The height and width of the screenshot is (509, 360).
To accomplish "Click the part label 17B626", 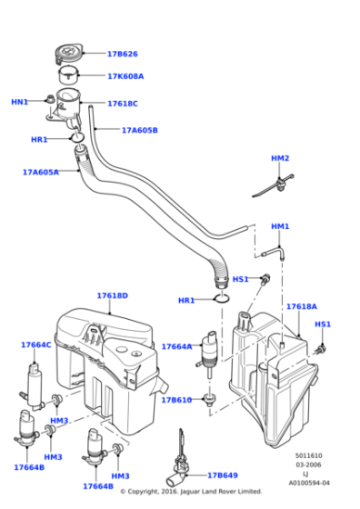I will [x=122, y=54].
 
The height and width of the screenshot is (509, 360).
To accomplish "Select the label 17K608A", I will [x=125, y=76].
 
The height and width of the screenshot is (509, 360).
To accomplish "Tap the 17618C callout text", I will [x=123, y=104].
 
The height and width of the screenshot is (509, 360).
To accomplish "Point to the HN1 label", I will [x=19, y=102].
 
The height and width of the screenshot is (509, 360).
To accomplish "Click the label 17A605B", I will [x=139, y=130].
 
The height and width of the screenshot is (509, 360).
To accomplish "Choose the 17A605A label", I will [x=40, y=172].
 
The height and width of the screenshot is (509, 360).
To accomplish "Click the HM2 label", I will [x=280, y=158].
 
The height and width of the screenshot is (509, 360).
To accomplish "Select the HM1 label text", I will [x=280, y=226].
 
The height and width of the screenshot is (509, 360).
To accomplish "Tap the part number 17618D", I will [x=112, y=295].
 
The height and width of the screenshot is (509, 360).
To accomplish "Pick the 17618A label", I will [x=301, y=306].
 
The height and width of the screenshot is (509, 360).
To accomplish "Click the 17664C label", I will [x=36, y=344].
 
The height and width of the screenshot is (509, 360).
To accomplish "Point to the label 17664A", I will [x=176, y=346].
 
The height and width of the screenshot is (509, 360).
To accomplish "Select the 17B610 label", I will [x=176, y=400].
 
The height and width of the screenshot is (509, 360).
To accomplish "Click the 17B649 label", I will [x=222, y=475].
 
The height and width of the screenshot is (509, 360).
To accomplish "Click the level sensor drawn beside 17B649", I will [x=177, y=464].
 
